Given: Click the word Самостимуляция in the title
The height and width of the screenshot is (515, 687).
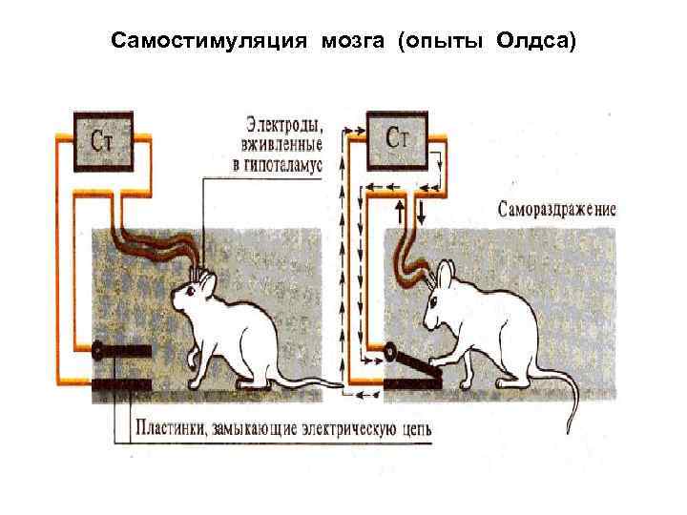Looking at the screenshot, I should tap(209, 41).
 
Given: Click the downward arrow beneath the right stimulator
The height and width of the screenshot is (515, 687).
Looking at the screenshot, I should tap(421, 209).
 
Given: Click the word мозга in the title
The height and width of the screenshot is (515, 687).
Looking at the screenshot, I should tap(354, 41).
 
